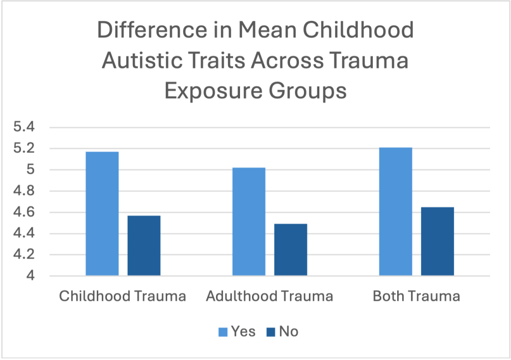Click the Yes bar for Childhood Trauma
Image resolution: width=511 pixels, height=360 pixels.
102,213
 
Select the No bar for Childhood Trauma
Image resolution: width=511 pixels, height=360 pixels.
144,245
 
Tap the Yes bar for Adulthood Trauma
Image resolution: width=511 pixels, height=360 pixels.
249,221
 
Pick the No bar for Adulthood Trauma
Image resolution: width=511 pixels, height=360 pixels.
290,249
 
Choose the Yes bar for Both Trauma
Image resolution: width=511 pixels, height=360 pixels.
395,211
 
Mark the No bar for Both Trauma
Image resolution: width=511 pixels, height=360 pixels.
437,241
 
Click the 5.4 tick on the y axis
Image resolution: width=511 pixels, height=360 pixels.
24,127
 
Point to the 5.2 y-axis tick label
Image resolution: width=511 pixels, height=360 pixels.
24,149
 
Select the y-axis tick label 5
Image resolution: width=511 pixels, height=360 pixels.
30,170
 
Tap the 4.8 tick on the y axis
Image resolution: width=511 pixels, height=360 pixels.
24,191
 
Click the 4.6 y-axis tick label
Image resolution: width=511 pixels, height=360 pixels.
24,212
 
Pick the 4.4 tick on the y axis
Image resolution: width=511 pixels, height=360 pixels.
24,234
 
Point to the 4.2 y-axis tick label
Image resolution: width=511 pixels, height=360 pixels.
24,255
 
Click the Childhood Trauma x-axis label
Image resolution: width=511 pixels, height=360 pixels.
122,296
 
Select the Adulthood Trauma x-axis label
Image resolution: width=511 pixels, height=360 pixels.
269,296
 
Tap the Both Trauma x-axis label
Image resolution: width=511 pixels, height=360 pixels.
416,296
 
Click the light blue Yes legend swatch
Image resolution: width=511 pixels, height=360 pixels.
223,332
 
